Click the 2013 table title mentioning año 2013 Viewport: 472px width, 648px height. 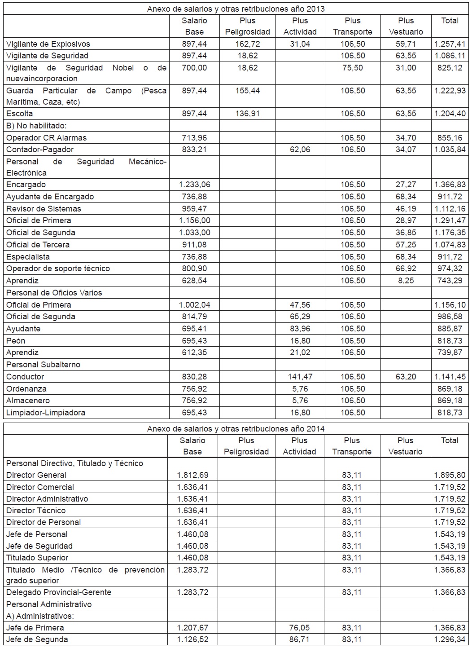(236, 9)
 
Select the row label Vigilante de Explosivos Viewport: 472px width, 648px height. (48, 44)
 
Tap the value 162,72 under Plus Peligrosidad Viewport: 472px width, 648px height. (247, 44)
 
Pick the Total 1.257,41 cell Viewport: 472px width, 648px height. (450, 44)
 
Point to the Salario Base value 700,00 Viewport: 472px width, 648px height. (194, 68)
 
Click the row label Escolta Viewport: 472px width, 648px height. (19, 114)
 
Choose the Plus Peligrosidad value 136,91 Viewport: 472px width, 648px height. (247, 114)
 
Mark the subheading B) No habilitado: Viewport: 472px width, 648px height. (36, 126)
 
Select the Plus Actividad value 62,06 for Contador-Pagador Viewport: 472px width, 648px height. (300, 150)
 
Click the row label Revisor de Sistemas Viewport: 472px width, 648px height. (44, 209)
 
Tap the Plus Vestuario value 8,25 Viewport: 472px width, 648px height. (406, 281)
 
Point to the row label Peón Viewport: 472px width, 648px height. (16, 341)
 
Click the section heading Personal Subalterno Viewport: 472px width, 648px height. (43, 365)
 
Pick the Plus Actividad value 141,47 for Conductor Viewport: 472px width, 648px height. (300, 377)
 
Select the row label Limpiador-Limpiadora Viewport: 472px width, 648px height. (46, 413)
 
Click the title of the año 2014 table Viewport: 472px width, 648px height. (236, 429)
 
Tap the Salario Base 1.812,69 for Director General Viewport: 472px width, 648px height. (192, 475)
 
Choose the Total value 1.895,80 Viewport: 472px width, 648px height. (450, 475)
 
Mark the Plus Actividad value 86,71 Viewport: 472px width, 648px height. (299, 639)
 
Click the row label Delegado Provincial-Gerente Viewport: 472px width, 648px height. (59, 592)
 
